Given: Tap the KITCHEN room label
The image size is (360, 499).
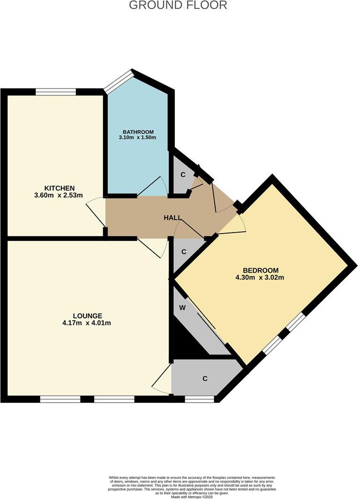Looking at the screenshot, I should pos(59,188).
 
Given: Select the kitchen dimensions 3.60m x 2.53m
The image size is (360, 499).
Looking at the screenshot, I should pos(59,195).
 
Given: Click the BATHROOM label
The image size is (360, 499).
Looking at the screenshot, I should pos(138,132).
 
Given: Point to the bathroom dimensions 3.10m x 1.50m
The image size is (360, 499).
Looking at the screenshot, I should pos(137,138).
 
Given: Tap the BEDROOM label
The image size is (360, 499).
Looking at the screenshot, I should pos(261,270).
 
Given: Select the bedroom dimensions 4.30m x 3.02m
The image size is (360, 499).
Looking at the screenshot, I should pos(260,277).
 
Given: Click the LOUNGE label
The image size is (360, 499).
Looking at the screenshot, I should pos(87,316).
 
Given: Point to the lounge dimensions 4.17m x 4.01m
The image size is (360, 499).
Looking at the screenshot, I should pos(87,323).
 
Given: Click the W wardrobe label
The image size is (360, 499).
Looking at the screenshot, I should pos(183,309).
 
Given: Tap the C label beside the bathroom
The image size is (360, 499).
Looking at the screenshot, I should pos(183,174).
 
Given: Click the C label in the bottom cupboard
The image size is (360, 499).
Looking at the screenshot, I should pos(205,378).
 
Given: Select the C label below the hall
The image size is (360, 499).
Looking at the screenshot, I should pos(184,252).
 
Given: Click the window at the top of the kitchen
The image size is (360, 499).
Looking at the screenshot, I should pos(56,92).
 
